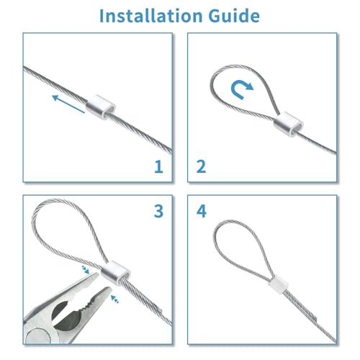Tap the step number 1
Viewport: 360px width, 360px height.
click(158, 167)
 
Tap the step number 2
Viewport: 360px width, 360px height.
click(202, 167)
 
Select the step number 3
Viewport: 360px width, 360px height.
click(158, 211)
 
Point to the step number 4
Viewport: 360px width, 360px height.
click(202, 212)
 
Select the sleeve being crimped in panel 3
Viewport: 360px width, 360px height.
click(113, 273)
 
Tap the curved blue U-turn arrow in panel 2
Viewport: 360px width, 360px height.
click(241, 89)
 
